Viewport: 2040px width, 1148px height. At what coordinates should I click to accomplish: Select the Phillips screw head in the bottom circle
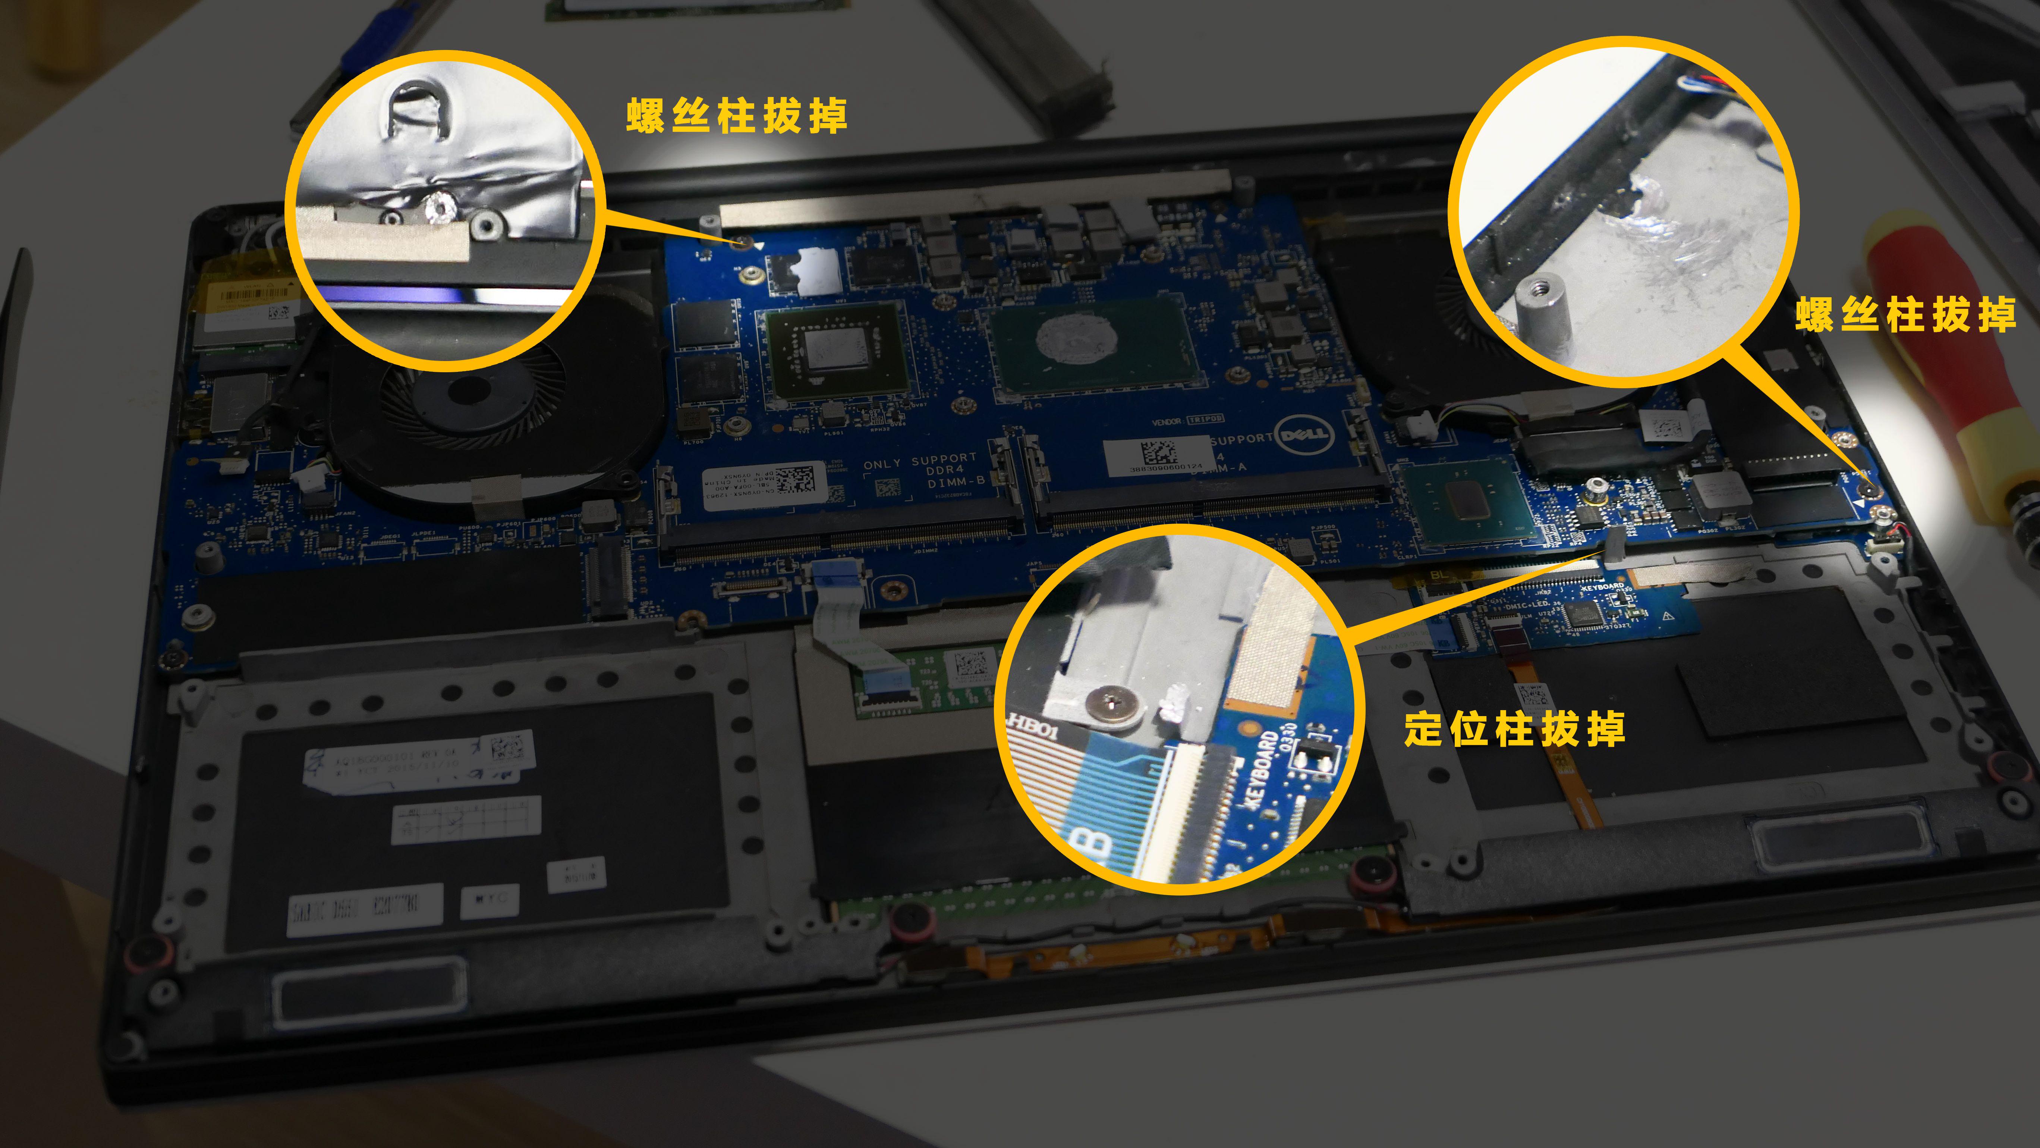(1112, 702)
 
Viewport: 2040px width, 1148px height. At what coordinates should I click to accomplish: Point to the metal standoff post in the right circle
(1543, 305)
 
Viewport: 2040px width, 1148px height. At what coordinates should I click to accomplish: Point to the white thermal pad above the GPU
(816, 271)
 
